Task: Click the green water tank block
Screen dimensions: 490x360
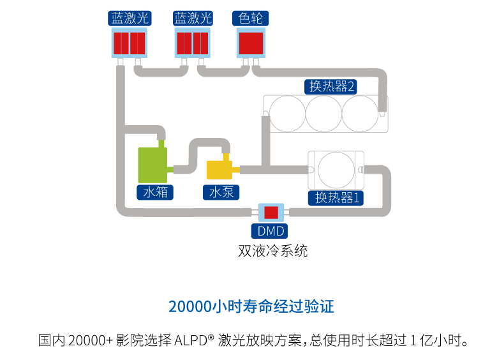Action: pyautogui.click(x=152, y=165)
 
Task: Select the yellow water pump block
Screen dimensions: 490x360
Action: pyautogui.click(x=219, y=170)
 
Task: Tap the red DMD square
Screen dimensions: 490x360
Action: pyautogui.click(x=271, y=213)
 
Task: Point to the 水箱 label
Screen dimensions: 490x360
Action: pyautogui.click(x=155, y=192)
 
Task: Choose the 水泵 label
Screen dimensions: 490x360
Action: pyautogui.click(x=221, y=192)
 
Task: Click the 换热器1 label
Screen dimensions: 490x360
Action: pyautogui.click(x=336, y=198)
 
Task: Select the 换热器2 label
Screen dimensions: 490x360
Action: pyautogui.click(x=330, y=87)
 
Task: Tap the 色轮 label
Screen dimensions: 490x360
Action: pyautogui.click(x=250, y=19)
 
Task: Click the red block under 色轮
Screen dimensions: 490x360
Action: pyautogui.click(x=251, y=43)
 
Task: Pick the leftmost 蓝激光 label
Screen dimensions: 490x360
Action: pyautogui.click(x=130, y=19)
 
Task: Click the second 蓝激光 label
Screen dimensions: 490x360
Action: pyautogui.click(x=193, y=19)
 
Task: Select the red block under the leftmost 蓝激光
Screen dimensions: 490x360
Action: pyautogui.click(x=129, y=43)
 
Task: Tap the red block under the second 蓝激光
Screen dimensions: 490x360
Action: pyautogui.click(x=193, y=43)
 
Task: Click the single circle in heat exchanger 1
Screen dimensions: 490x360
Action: pyautogui.click(x=336, y=170)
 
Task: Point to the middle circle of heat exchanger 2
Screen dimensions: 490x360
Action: pyautogui.click(x=323, y=114)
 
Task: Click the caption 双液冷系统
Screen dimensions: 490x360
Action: pyautogui.click(x=273, y=251)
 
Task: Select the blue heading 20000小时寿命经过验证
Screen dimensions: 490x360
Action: pyautogui.click(x=251, y=306)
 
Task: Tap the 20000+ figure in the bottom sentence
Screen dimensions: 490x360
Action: pyautogui.click(x=91, y=340)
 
